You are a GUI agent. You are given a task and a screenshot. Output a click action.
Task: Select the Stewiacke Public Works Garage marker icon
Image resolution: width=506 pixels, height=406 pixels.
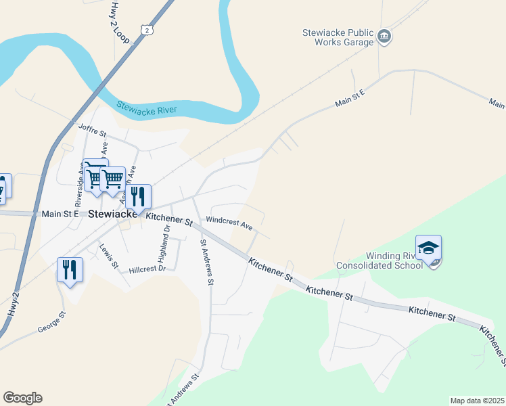tap(384, 36)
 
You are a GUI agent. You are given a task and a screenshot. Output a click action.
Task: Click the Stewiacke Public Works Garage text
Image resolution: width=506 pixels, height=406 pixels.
tap(337, 37)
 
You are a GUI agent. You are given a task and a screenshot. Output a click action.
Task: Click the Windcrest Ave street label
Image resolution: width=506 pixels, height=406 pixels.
tap(229, 222)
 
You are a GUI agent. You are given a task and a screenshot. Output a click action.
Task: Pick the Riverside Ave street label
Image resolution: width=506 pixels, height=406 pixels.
tap(79, 185)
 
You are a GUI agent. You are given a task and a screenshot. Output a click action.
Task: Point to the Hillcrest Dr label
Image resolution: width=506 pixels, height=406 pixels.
tap(147, 269)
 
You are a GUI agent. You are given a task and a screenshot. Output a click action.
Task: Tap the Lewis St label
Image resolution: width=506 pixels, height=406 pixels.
tap(109, 255)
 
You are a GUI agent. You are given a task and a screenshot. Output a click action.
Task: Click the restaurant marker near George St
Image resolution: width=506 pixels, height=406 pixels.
tap(70, 271)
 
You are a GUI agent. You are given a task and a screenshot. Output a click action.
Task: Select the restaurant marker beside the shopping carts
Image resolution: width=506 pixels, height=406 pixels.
tap(138, 197)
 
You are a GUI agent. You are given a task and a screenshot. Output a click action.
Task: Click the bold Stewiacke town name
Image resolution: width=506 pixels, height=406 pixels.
tap(113, 214)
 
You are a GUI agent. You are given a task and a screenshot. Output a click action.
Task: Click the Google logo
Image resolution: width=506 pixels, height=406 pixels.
tap(22, 397)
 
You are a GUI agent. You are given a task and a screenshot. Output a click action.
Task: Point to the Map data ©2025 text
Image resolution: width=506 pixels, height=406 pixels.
tap(477, 401)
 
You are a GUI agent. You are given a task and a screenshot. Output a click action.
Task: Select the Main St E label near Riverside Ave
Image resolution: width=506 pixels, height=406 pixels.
tap(61, 214)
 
